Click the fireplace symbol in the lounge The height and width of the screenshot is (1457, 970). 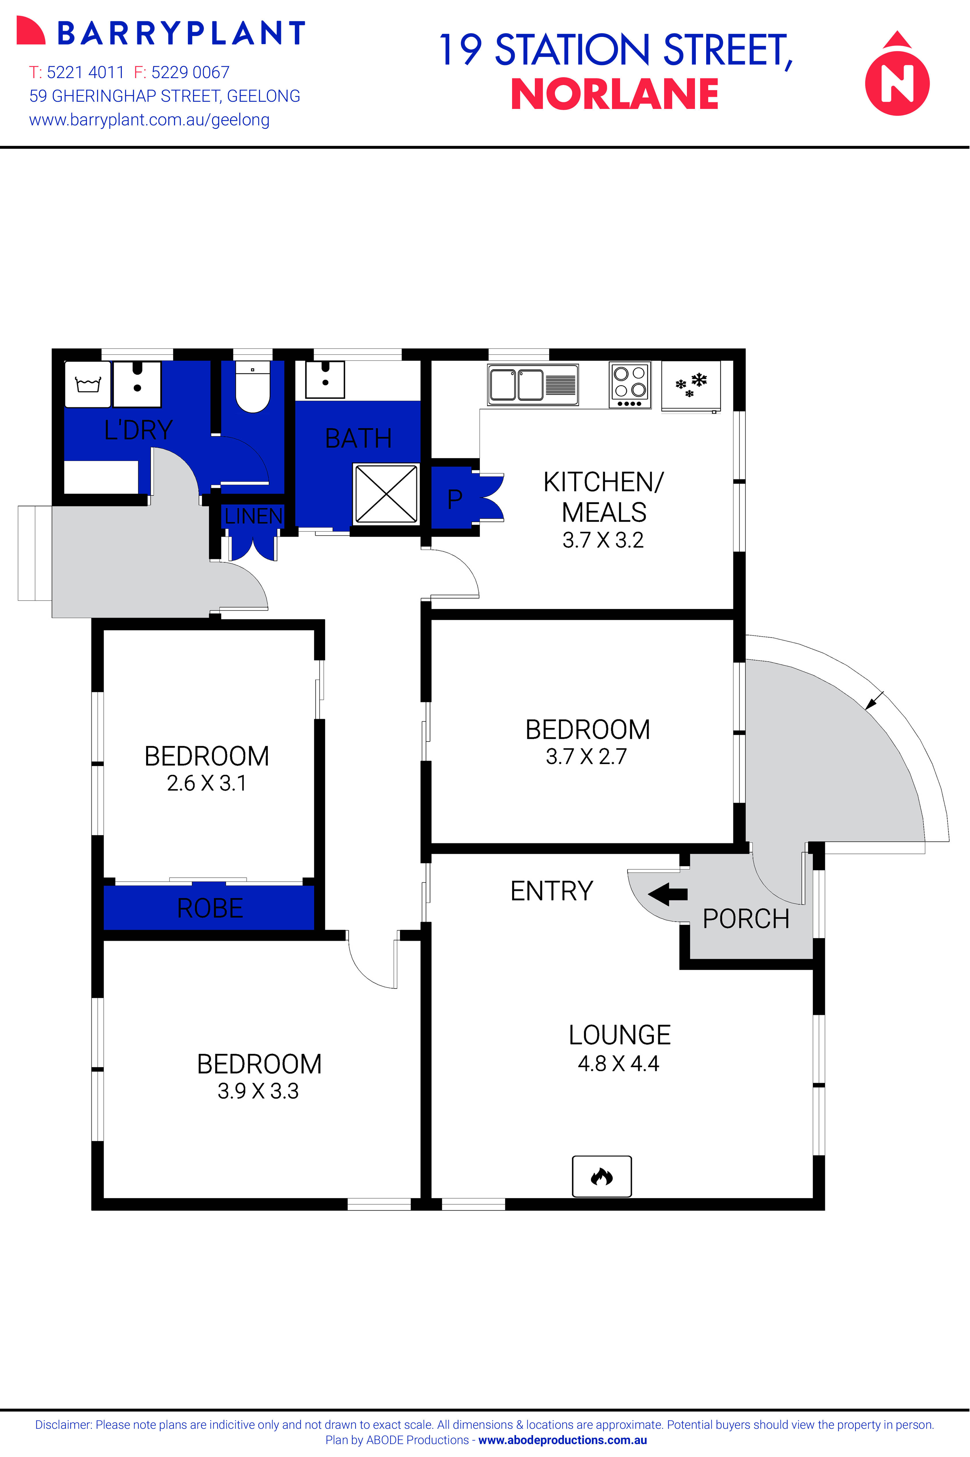point(601,1176)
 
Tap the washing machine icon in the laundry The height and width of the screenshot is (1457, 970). point(88,384)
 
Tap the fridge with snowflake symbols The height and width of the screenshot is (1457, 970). point(691,385)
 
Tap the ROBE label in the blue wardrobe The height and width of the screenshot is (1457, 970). point(210,908)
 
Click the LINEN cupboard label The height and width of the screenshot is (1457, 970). point(253,516)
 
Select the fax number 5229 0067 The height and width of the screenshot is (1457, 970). point(190,72)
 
